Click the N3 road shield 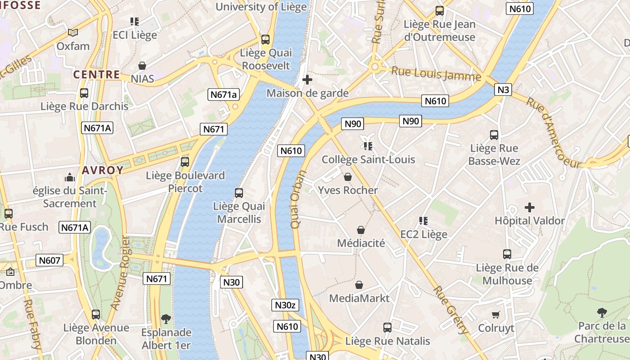(x=504, y=90)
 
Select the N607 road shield (x=49, y=260)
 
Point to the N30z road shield (x=285, y=305)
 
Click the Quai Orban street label (x=298, y=199)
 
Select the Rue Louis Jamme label (x=436, y=74)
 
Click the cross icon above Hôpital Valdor (x=530, y=207)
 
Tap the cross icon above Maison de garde (x=307, y=80)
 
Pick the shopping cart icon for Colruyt (x=496, y=315)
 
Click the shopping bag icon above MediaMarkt (x=359, y=285)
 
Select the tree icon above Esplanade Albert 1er (x=166, y=319)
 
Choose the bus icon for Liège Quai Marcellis (x=239, y=193)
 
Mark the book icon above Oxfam (x=73, y=32)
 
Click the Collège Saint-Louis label (x=368, y=159)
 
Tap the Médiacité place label (x=361, y=243)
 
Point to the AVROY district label (x=103, y=170)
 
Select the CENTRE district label (x=97, y=75)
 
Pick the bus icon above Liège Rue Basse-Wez (x=494, y=135)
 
